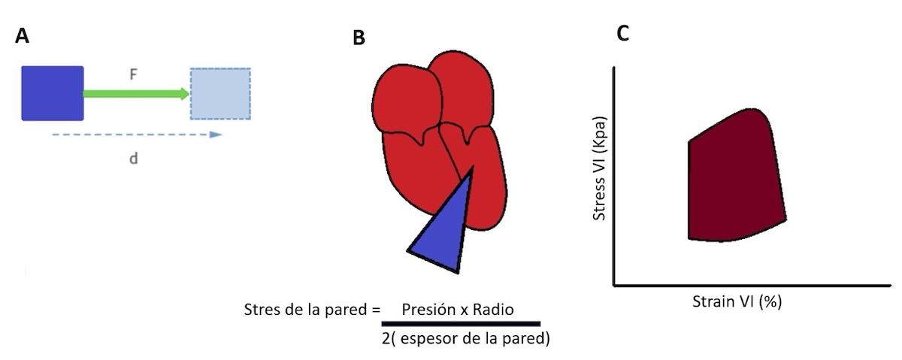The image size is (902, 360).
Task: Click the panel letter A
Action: pos(22,35)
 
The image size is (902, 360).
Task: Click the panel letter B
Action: pos(359,38)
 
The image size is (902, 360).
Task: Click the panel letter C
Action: pos(622,33)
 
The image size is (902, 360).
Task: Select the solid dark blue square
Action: pos(53,93)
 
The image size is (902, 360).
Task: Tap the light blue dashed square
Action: pos(220,94)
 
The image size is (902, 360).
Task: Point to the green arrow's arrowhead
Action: pos(185,94)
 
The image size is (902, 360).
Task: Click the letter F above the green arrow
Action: pos(133,74)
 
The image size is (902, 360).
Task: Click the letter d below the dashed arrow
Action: pos(133,159)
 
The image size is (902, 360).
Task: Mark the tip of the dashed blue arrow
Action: pos(222,135)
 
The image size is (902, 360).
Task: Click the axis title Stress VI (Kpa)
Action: pos(599,168)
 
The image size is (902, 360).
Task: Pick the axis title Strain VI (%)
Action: pos(737,301)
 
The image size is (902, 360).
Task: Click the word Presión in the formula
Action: pos(428,309)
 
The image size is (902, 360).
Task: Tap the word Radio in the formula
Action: pos(493,309)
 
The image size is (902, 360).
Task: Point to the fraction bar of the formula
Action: pos(461,323)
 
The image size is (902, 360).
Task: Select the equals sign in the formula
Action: pos(376,310)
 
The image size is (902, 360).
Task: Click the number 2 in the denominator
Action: pos(386,338)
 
